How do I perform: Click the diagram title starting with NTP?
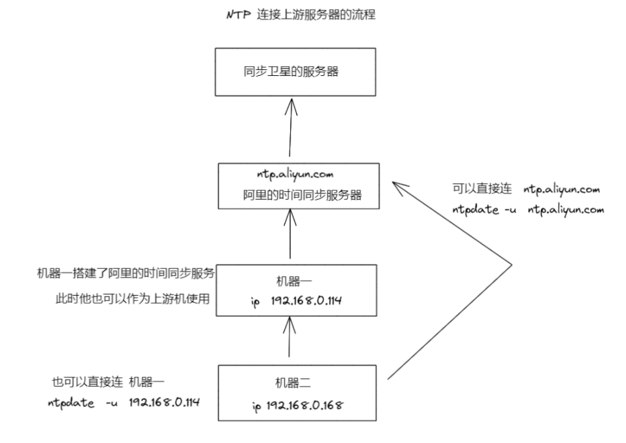[x=301, y=14]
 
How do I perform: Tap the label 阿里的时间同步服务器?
[x=302, y=194]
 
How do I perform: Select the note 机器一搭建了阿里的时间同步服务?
[x=127, y=273]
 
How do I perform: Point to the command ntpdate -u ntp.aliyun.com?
[x=528, y=210]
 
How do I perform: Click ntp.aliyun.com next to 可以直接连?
[x=562, y=189]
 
